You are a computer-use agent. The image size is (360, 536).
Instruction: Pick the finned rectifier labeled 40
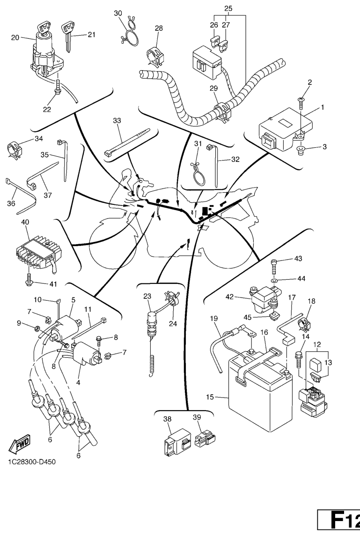tap(35, 251)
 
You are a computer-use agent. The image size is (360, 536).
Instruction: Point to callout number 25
tap(228, 9)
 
